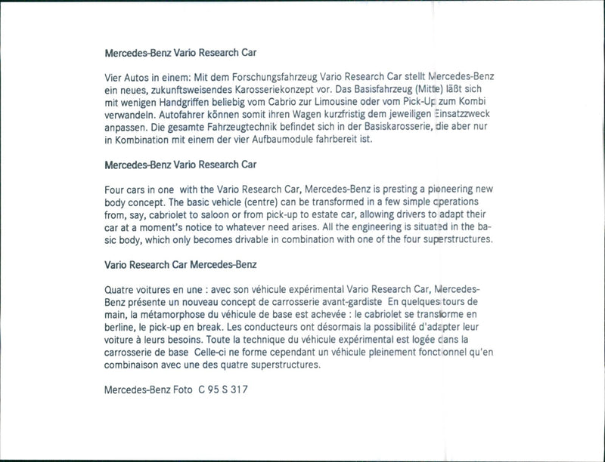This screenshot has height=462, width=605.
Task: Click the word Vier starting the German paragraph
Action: point(114,77)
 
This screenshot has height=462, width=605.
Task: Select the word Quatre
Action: point(121,290)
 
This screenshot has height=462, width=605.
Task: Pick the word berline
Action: point(120,328)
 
